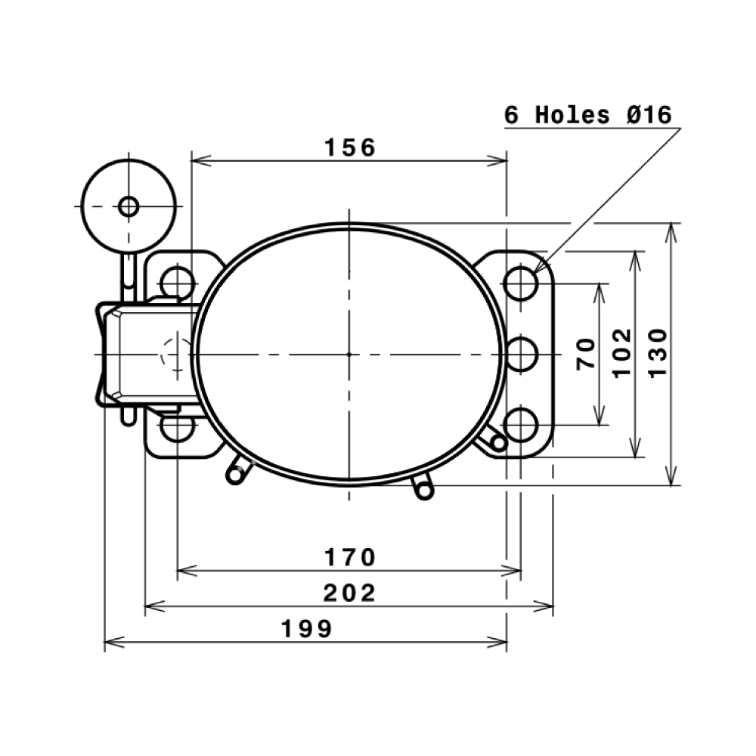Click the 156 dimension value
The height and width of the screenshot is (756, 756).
(x=349, y=147)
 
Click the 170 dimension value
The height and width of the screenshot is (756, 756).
(x=349, y=558)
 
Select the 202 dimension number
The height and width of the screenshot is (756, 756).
(x=349, y=593)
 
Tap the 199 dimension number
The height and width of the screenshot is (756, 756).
(x=306, y=629)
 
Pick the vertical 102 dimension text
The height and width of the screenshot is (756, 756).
(x=621, y=352)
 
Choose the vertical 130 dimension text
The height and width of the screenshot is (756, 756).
(x=658, y=352)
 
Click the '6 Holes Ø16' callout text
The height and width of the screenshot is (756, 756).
(x=588, y=116)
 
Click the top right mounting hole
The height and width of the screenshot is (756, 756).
(x=521, y=283)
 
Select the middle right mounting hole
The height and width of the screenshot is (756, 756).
(x=521, y=355)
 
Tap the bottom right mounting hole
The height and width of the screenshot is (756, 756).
(x=521, y=425)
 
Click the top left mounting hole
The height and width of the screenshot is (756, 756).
(x=178, y=283)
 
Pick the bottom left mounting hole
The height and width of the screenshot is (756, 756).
(x=178, y=427)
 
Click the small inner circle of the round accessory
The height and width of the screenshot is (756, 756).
(x=129, y=206)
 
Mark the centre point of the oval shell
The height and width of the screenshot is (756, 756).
(x=349, y=354)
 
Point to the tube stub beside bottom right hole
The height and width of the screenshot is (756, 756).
(x=496, y=441)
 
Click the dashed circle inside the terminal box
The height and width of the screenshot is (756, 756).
(x=176, y=355)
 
